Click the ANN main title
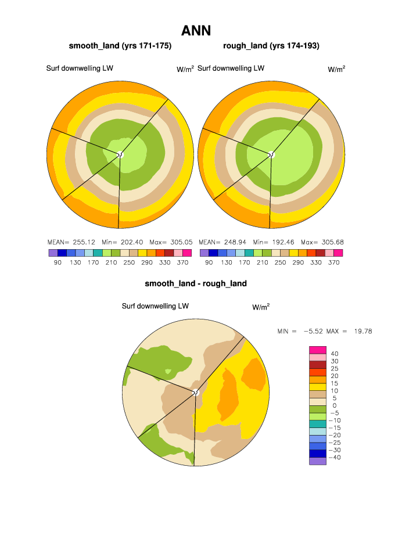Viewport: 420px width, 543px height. coord(196,30)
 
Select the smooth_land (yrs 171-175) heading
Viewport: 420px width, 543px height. coord(120,46)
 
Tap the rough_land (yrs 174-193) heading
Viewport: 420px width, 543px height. coord(271,46)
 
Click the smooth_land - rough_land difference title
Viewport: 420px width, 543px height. coord(196,283)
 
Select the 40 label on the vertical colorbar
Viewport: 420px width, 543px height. coord(335,353)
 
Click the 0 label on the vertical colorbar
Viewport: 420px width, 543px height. coord(335,405)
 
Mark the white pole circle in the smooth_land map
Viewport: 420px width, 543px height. coord(121,154)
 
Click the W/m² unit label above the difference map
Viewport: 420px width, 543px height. coord(261,307)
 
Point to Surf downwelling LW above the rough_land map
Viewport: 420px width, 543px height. coord(231,69)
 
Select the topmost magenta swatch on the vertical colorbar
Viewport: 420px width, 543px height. coord(318,349)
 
